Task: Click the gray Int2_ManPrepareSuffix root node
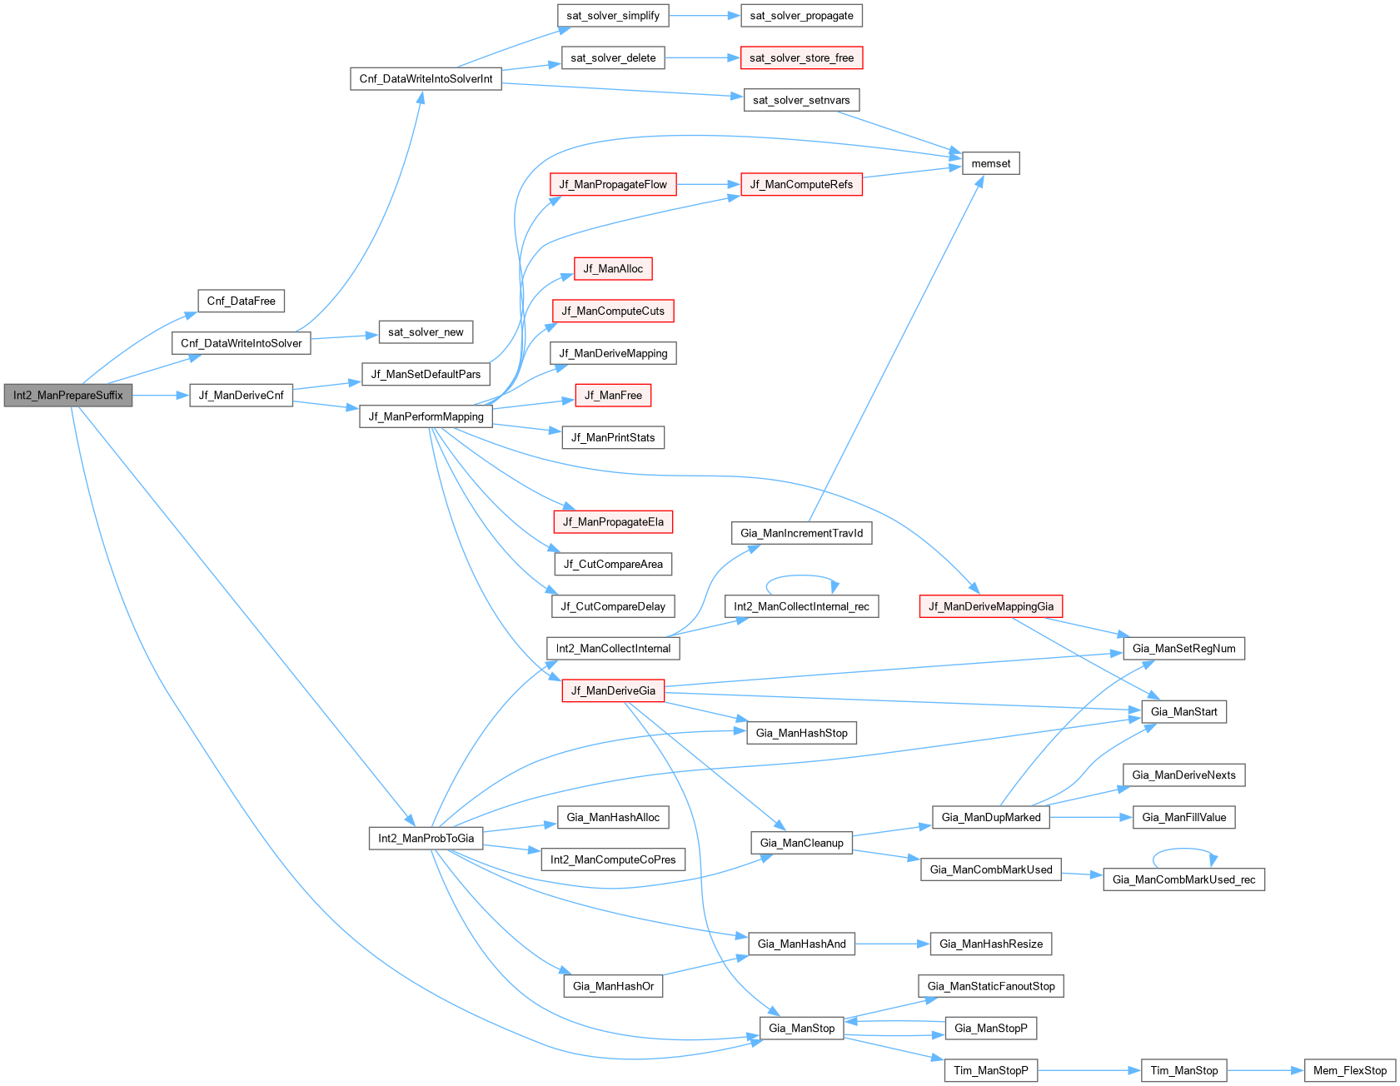point(67,396)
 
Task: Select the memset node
point(990,163)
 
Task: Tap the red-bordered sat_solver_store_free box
point(801,58)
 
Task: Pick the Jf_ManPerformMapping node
point(426,416)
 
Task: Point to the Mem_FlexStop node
point(1349,1070)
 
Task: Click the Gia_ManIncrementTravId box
point(801,533)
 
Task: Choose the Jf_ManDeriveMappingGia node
point(990,606)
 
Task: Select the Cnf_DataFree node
point(241,301)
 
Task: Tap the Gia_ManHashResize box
point(990,944)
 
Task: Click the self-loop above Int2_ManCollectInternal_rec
point(801,576)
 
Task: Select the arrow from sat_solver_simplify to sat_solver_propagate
point(704,16)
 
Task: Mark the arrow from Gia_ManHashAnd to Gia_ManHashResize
point(891,944)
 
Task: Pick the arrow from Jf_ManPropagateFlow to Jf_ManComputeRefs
point(708,184)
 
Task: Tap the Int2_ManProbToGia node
point(426,838)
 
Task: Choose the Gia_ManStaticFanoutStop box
point(990,986)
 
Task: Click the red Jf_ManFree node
point(613,396)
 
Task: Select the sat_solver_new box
point(426,332)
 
